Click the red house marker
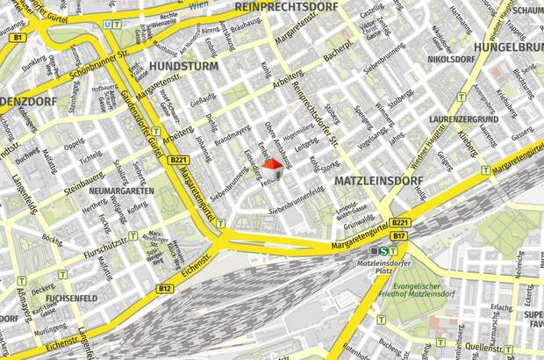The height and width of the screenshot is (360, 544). coord(274,168)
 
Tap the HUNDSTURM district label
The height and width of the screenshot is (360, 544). coord(183,66)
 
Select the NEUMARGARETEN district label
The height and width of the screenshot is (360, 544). coord(121,191)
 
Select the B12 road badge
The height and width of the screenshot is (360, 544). coord(164,288)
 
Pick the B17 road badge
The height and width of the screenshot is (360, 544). coord(398,235)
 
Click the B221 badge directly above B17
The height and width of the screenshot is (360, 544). coord(399,223)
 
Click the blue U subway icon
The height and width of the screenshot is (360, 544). coord(106,25)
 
